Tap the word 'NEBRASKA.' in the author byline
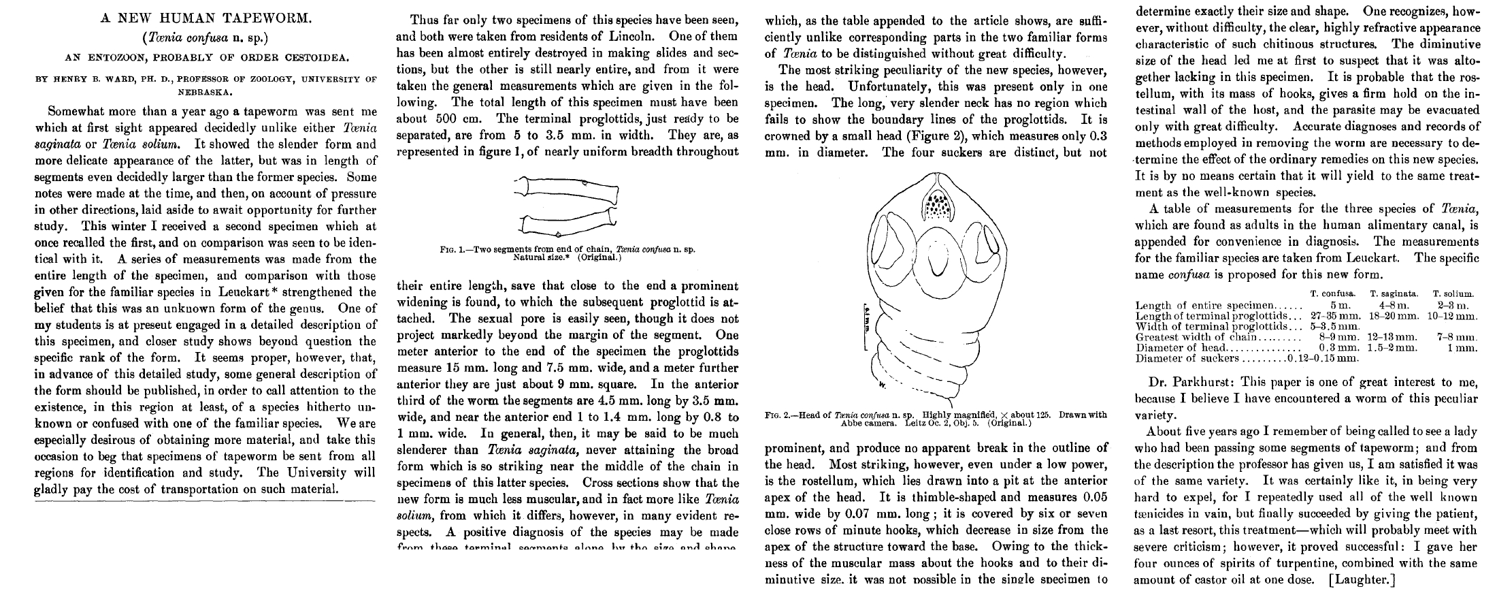[x=205, y=91]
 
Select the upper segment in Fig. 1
[x=568, y=191]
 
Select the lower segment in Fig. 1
[x=568, y=224]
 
